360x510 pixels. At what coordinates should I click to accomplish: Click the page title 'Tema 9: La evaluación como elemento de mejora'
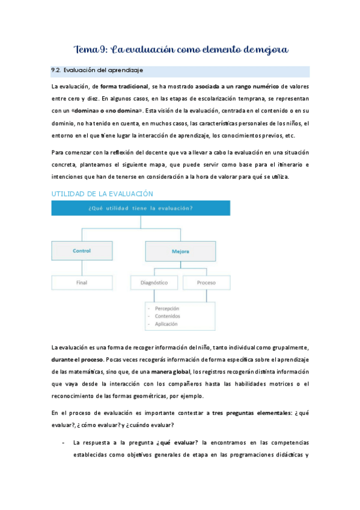click(x=180, y=48)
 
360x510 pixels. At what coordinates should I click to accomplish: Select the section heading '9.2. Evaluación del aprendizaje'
click(x=97, y=70)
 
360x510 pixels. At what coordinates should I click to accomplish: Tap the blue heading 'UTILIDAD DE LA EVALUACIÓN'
click(x=102, y=194)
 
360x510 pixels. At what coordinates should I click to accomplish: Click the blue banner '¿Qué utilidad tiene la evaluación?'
click(x=141, y=208)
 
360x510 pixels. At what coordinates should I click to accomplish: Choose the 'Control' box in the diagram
click(x=81, y=251)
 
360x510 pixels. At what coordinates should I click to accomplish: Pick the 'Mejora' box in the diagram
click(x=180, y=251)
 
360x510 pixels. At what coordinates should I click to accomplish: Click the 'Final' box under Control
click(x=81, y=281)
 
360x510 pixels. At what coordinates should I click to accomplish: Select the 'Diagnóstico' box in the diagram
click(x=153, y=281)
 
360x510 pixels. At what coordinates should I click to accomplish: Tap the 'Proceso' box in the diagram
click(x=206, y=281)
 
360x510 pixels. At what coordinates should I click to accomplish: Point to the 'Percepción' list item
click(x=167, y=308)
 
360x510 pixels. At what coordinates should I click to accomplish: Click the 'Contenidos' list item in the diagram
click(x=167, y=316)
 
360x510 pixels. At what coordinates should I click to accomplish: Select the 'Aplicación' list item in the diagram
click(x=166, y=324)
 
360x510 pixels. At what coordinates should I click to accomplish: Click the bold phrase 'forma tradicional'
click(x=125, y=87)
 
